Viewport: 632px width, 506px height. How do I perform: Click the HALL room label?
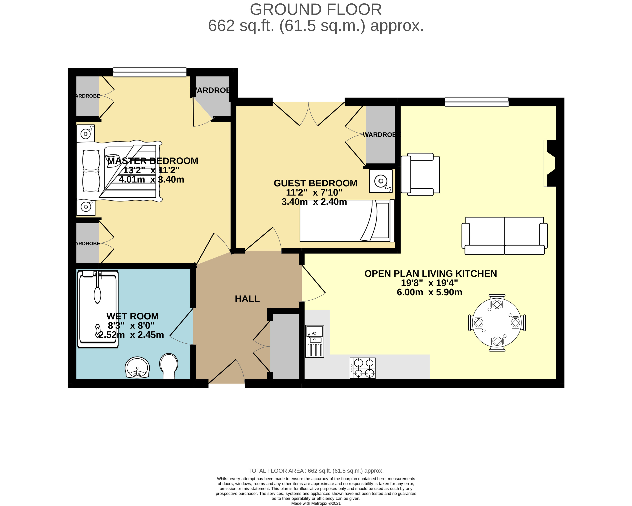pos(247,299)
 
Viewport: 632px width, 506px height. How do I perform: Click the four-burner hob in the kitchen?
pos(363,368)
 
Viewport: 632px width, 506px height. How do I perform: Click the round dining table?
pos(497,323)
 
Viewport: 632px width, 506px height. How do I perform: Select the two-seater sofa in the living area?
pos(504,236)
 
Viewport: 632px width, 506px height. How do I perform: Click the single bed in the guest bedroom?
pos(347,221)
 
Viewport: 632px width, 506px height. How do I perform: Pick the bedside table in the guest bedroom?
pos(380,181)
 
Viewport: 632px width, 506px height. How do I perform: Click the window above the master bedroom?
pos(150,72)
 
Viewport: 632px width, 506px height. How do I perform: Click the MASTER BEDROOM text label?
pos(153,161)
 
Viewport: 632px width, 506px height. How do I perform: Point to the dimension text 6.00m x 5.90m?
pos(429,292)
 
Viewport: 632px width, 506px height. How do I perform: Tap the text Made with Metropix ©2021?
pos(316,503)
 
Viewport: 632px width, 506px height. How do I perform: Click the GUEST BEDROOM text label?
pos(315,183)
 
